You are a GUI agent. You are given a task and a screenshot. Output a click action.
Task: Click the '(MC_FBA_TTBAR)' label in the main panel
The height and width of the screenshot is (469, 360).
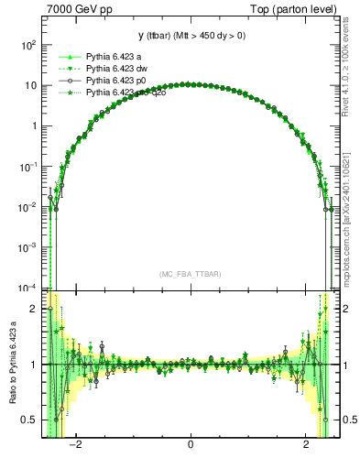click(x=190, y=274)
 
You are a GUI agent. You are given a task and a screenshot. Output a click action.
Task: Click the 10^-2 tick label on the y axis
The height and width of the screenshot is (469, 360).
click(x=28, y=207)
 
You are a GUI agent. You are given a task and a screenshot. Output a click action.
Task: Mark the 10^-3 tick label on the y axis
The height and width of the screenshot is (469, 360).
click(x=28, y=247)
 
